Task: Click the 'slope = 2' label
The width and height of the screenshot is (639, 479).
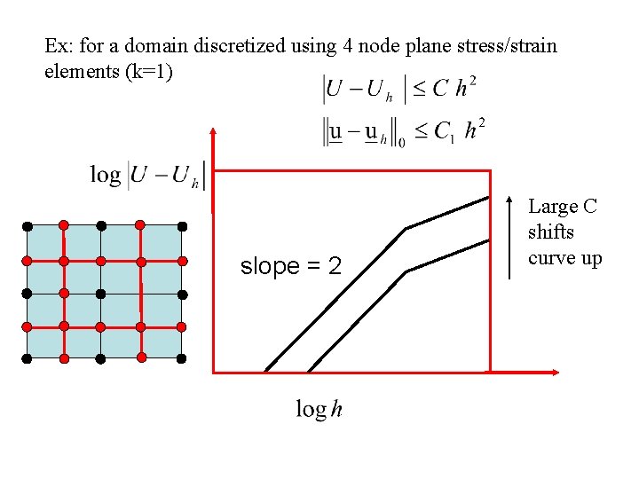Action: tap(291, 266)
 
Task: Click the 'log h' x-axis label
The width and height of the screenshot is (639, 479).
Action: tap(319, 409)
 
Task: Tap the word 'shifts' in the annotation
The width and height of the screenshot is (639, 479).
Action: tap(551, 232)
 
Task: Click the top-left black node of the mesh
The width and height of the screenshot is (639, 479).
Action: tap(27, 224)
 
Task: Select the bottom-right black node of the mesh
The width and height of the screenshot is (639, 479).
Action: tap(181, 358)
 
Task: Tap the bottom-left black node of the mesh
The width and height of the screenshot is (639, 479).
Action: tap(27, 358)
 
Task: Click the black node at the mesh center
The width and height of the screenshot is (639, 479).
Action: tap(100, 293)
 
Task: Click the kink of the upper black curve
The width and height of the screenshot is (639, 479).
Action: tap(406, 229)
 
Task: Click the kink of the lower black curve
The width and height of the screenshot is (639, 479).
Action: tap(406, 271)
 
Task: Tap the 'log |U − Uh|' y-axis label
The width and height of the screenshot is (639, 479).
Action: tap(147, 175)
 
